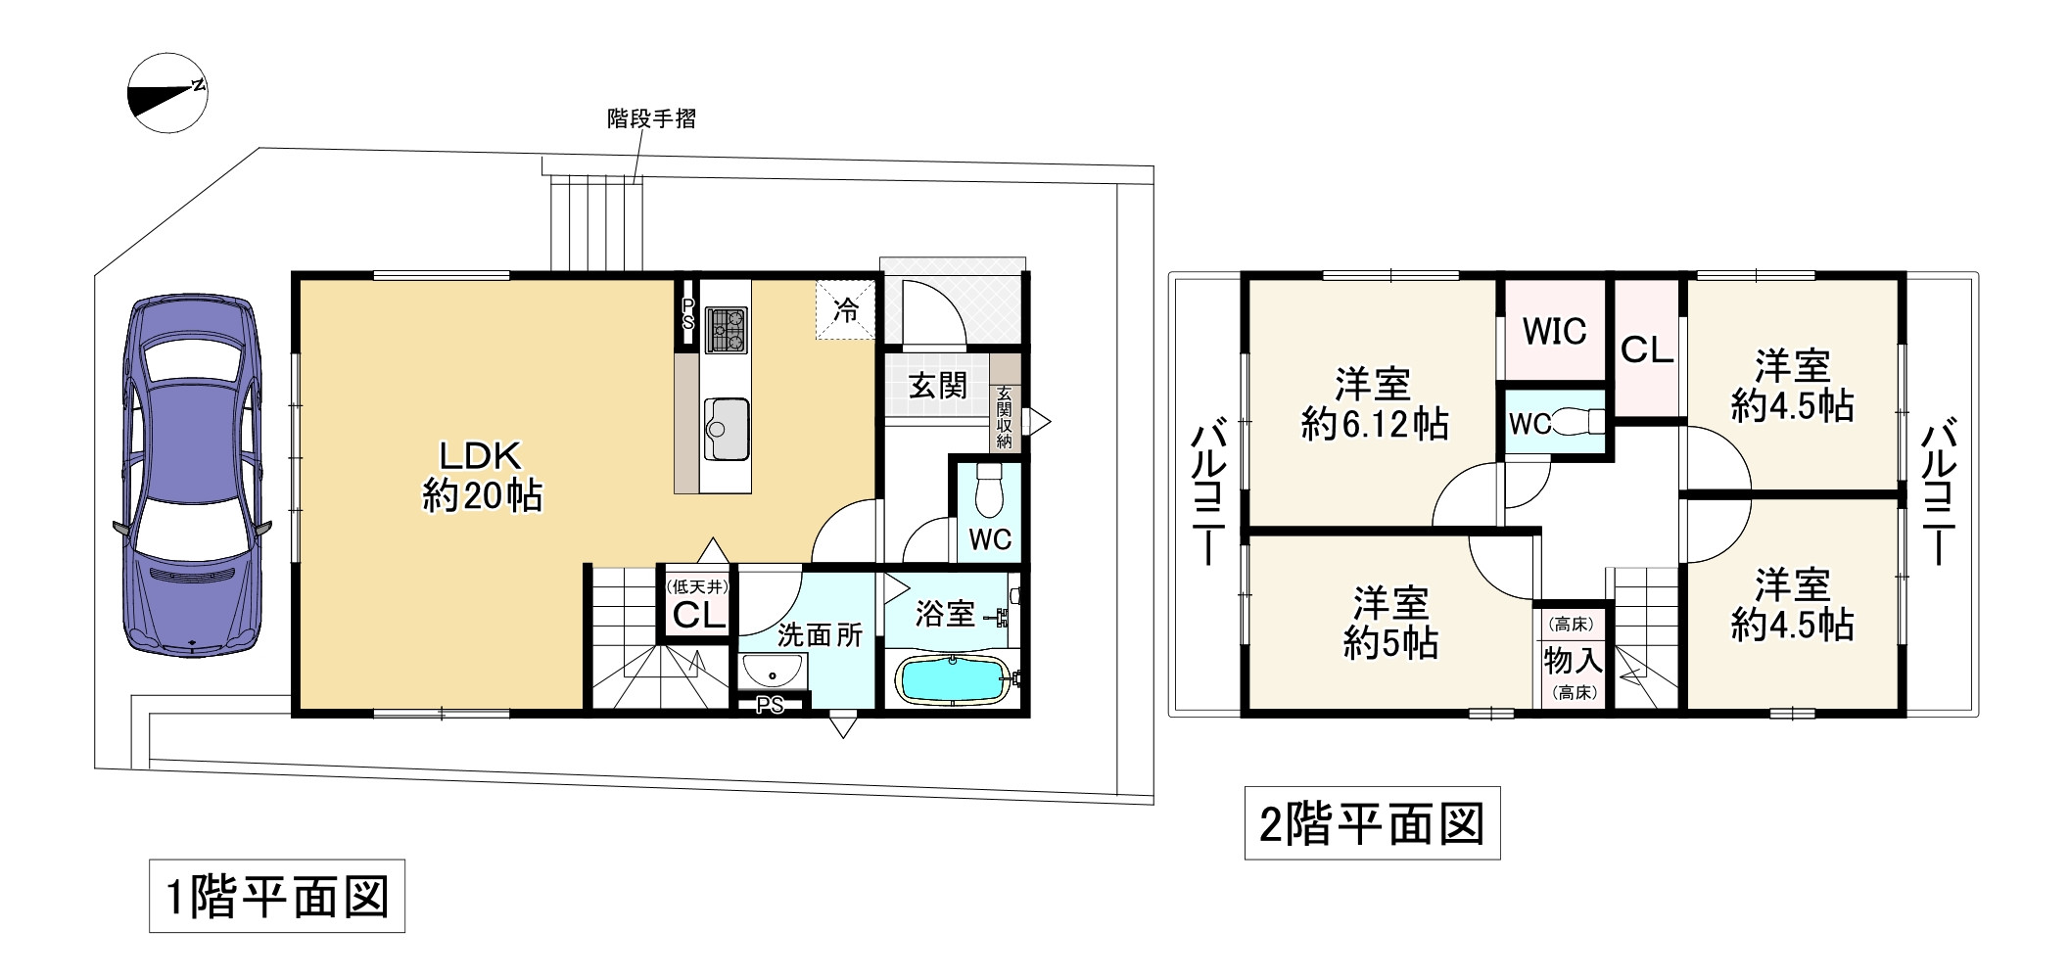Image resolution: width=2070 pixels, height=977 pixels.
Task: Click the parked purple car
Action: tap(193, 477)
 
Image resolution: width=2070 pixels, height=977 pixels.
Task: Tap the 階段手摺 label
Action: tap(651, 119)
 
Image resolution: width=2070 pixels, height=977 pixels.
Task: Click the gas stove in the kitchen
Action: tap(726, 329)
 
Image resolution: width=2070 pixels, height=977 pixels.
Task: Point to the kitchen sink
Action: tap(726, 429)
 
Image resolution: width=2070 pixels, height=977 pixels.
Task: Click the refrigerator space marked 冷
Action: tap(845, 310)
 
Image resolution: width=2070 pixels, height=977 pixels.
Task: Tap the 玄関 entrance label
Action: tap(937, 386)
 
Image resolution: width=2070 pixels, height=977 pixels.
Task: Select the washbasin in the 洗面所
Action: tap(773, 673)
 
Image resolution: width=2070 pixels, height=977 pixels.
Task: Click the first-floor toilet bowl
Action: tap(990, 492)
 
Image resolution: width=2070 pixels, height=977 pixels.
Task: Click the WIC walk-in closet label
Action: tap(1554, 332)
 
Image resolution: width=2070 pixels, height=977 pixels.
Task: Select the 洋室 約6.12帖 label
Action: tap(1374, 404)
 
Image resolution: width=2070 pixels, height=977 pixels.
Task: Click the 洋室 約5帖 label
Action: tap(1389, 623)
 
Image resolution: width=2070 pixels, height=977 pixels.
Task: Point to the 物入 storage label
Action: tap(1573, 659)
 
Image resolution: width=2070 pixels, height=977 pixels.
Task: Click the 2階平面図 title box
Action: tap(1372, 823)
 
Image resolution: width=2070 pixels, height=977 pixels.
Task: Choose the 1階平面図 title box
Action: tap(277, 896)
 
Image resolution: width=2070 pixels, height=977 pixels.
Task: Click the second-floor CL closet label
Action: tap(1647, 349)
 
